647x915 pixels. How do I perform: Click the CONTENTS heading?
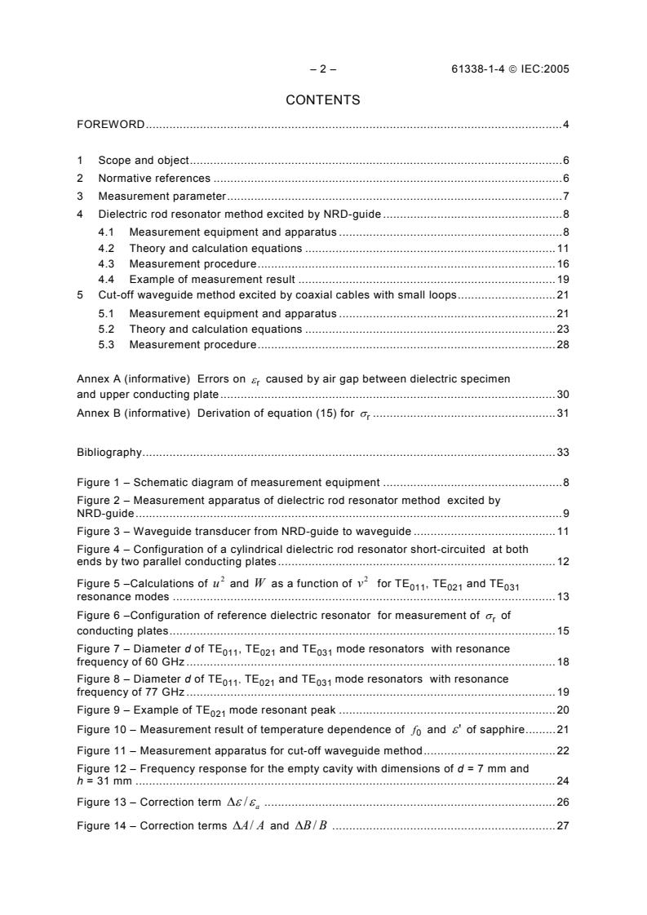click(323, 100)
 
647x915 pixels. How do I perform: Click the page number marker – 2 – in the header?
click(323, 69)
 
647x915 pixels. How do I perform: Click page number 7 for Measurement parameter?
click(565, 197)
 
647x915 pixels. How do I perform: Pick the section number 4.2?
click(106, 248)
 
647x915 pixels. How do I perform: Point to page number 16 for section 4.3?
click(563, 263)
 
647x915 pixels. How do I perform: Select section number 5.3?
click(106, 345)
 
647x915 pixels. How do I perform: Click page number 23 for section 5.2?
click(563, 329)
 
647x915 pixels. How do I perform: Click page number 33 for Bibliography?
click(563, 452)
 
